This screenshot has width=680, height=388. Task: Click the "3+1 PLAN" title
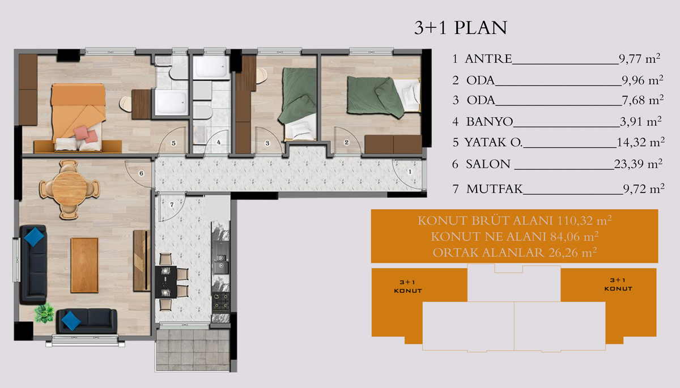(x=461, y=28)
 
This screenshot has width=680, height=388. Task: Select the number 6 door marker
(x=141, y=173)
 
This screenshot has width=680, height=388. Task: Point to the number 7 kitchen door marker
(x=172, y=205)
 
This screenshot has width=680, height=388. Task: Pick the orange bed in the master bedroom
(x=78, y=117)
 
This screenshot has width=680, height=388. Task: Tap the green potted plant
(x=44, y=313)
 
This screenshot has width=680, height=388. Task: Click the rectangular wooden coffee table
(x=84, y=265)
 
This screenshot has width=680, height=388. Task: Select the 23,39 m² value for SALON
(x=638, y=164)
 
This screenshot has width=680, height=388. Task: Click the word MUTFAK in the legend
(x=495, y=189)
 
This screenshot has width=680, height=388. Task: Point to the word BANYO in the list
(x=490, y=122)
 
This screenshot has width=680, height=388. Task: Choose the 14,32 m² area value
(x=640, y=142)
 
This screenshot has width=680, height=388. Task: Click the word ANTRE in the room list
(x=488, y=58)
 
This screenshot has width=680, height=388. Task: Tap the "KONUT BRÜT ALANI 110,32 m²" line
(x=515, y=220)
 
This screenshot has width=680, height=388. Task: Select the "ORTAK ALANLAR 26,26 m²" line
(x=515, y=253)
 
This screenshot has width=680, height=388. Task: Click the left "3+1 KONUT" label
(x=407, y=287)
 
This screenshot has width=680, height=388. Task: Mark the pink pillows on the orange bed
(x=86, y=134)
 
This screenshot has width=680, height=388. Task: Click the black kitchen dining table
(x=165, y=282)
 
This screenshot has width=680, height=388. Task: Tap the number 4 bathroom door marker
(x=219, y=142)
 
